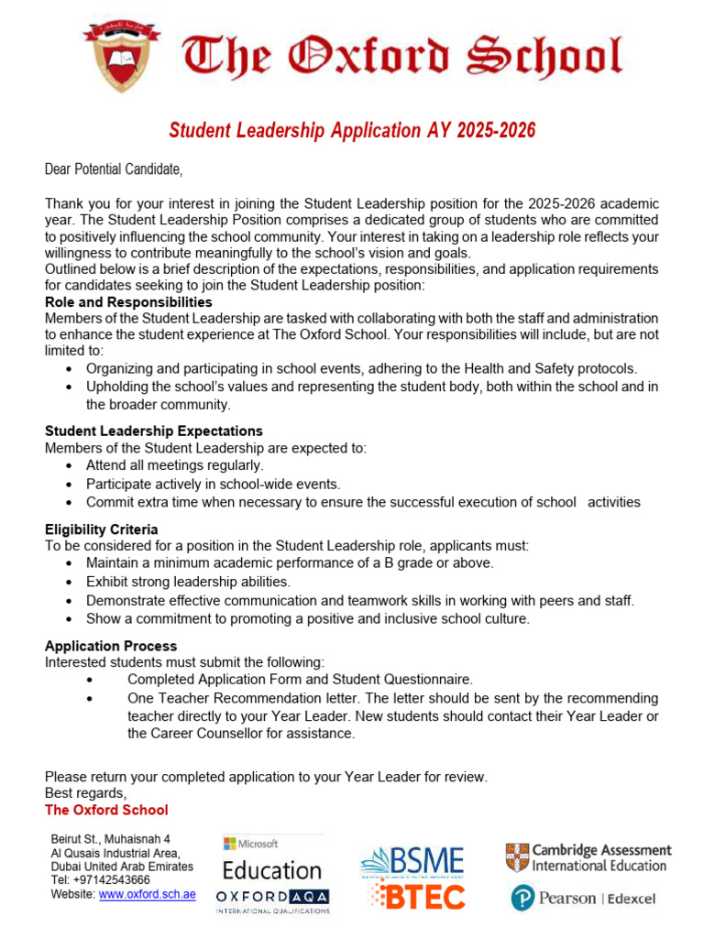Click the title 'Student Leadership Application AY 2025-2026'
tap(352, 131)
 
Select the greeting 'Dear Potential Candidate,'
tap(114, 169)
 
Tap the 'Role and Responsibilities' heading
tap(128, 301)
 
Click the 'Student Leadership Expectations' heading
tap(153, 431)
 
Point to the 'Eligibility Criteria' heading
tap(101, 529)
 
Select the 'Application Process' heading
tap(111, 646)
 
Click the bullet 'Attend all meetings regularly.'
tap(174, 465)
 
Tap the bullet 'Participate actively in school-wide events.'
tap(213, 484)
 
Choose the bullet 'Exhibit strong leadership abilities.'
tap(188, 582)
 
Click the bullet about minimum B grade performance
tap(290, 562)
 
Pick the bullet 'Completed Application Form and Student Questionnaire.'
tap(300, 680)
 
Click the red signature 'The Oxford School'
tap(106, 810)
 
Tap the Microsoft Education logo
tap(271, 860)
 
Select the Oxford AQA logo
tap(272, 899)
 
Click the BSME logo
tap(413, 861)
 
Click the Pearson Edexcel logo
tap(583, 899)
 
